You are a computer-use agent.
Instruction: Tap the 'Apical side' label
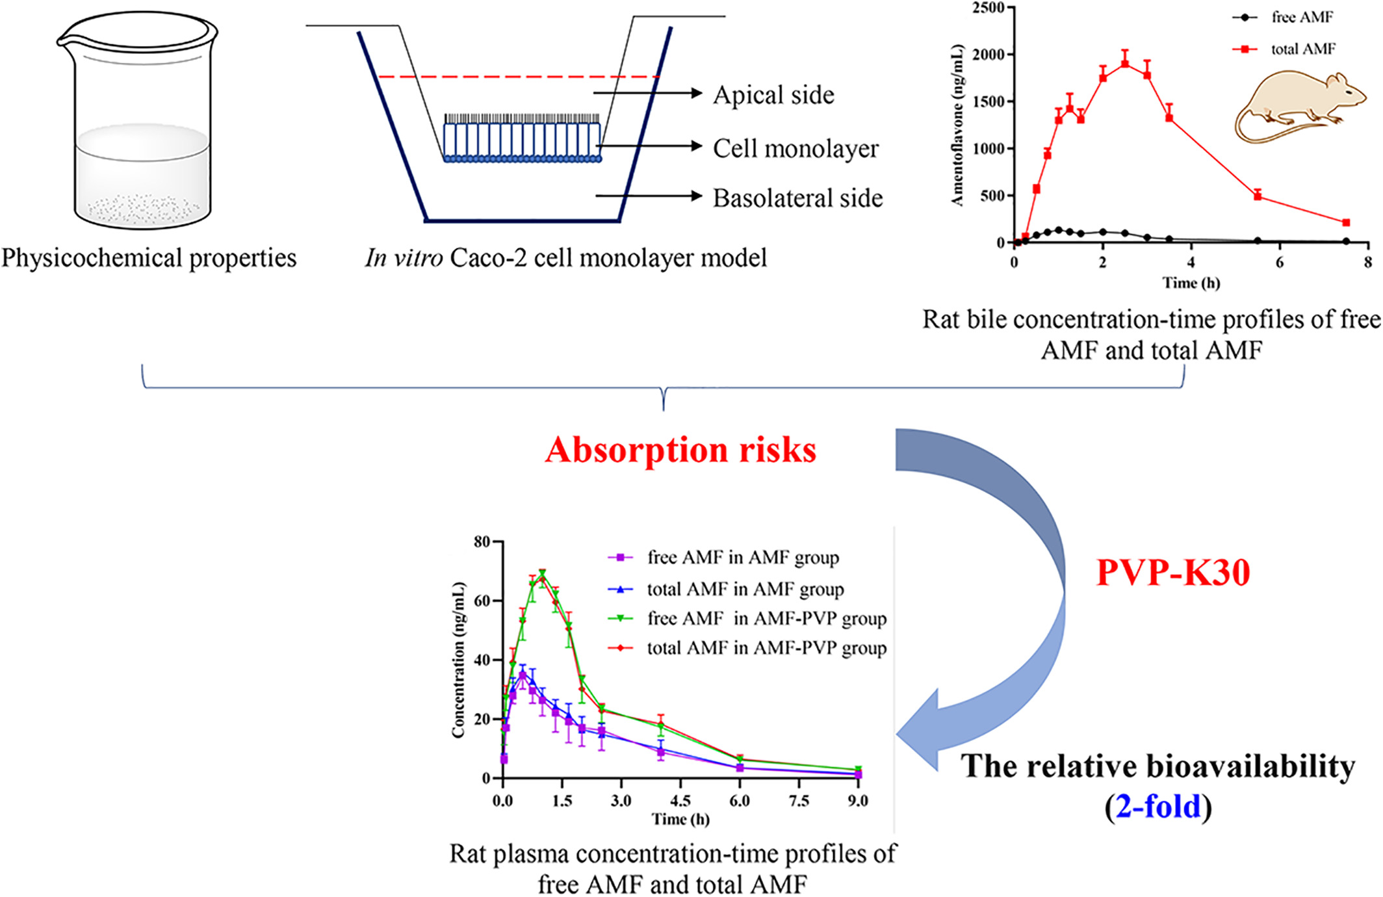773,96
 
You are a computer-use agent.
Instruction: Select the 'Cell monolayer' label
795,149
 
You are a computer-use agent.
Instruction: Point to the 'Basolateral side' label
797,198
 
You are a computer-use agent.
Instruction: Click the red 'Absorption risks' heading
680,450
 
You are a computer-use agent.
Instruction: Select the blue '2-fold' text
1158,807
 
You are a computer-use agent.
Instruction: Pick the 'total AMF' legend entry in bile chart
1302,49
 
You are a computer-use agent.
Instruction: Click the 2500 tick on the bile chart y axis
988,8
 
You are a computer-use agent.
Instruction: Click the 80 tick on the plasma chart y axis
482,541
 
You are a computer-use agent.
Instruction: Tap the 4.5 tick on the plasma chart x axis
680,801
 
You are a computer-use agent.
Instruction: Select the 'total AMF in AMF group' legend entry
745,590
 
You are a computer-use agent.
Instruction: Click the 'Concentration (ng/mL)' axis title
458,660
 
